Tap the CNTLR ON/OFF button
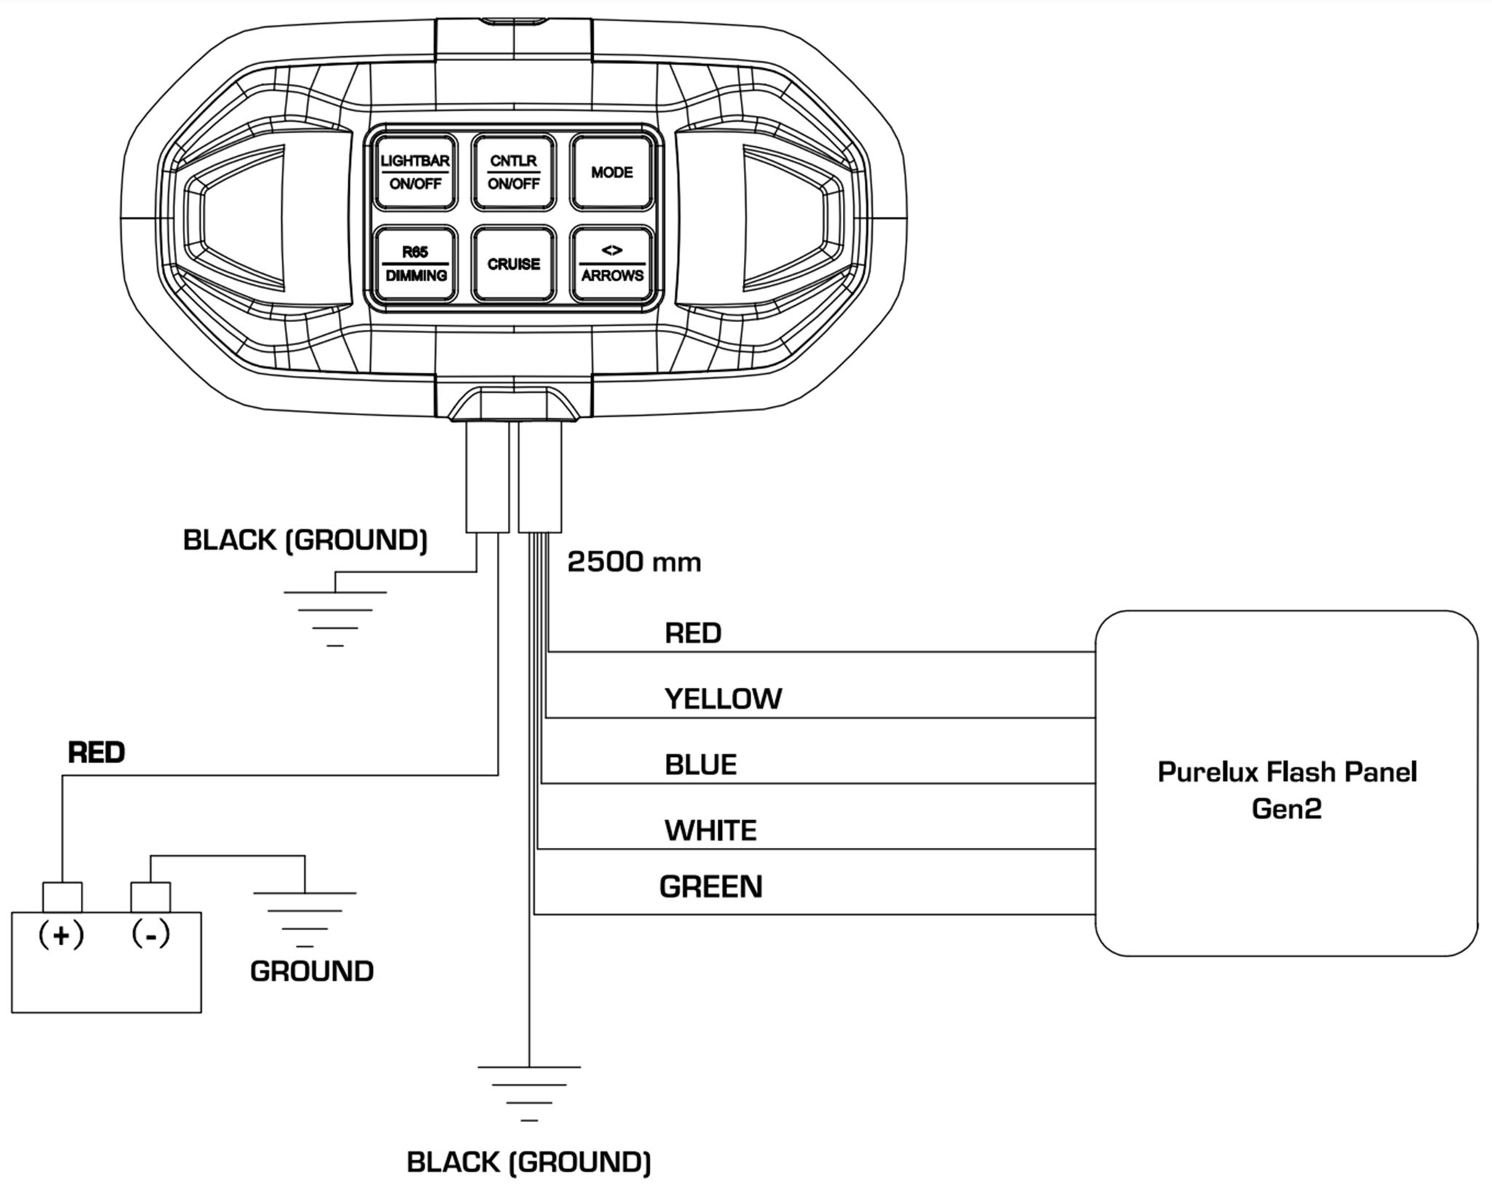click(513, 172)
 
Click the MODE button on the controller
click(611, 172)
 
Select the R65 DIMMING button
click(415, 264)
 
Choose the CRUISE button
click(513, 264)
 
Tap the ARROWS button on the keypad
click(611, 264)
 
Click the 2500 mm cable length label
click(634, 562)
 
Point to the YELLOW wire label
click(723, 699)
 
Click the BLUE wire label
click(700, 764)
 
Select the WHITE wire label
click(710, 830)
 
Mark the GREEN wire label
click(710, 887)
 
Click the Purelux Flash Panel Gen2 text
click(1287, 790)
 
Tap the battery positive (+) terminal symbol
click(61, 935)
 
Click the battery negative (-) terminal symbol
click(151, 933)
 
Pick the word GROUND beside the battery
click(312, 971)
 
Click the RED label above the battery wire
click(96, 752)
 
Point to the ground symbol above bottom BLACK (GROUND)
click(529, 1092)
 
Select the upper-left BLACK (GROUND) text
click(305, 540)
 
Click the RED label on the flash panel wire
click(692, 633)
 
